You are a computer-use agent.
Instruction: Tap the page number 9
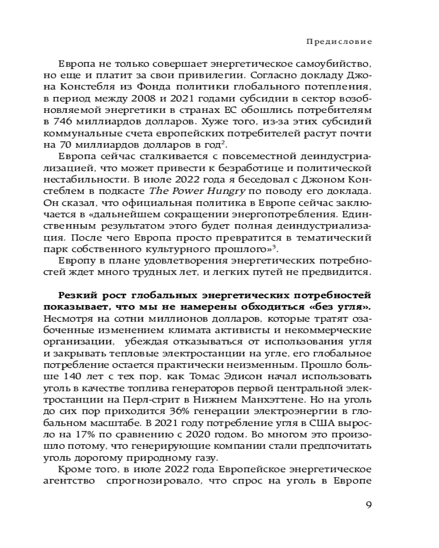coord(369,505)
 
